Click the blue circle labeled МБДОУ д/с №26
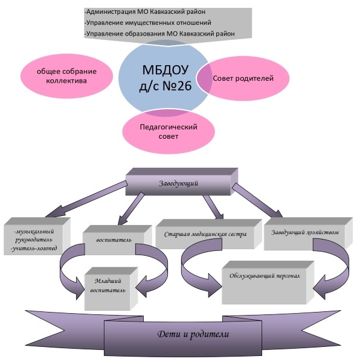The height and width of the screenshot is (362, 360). click(x=164, y=77)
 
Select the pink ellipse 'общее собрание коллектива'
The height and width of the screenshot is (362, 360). click(x=66, y=76)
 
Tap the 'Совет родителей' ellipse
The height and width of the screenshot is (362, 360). click(x=243, y=78)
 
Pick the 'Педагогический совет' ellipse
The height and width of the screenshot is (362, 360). click(x=169, y=132)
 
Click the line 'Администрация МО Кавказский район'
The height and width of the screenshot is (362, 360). click(x=145, y=12)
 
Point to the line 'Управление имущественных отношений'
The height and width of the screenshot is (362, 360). click(x=148, y=23)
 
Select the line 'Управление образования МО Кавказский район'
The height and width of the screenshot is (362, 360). click(x=159, y=34)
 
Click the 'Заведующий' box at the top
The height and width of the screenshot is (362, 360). click(x=182, y=182)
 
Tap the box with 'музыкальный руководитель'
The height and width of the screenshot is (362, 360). click(x=37, y=237)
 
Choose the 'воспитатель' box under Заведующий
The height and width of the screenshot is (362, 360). click(x=117, y=240)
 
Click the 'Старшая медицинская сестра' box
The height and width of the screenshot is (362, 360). click(x=208, y=234)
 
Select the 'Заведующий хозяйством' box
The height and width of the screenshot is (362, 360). click(x=308, y=233)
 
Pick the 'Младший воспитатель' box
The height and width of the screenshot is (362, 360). click(x=111, y=289)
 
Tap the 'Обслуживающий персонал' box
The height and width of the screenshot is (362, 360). click(x=268, y=282)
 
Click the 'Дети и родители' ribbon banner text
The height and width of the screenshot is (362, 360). click(x=193, y=334)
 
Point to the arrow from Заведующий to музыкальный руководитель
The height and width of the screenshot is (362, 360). click(x=86, y=199)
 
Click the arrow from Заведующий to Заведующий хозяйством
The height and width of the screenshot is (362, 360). click(x=257, y=200)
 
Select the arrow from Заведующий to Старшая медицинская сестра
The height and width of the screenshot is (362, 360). click(x=213, y=208)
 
